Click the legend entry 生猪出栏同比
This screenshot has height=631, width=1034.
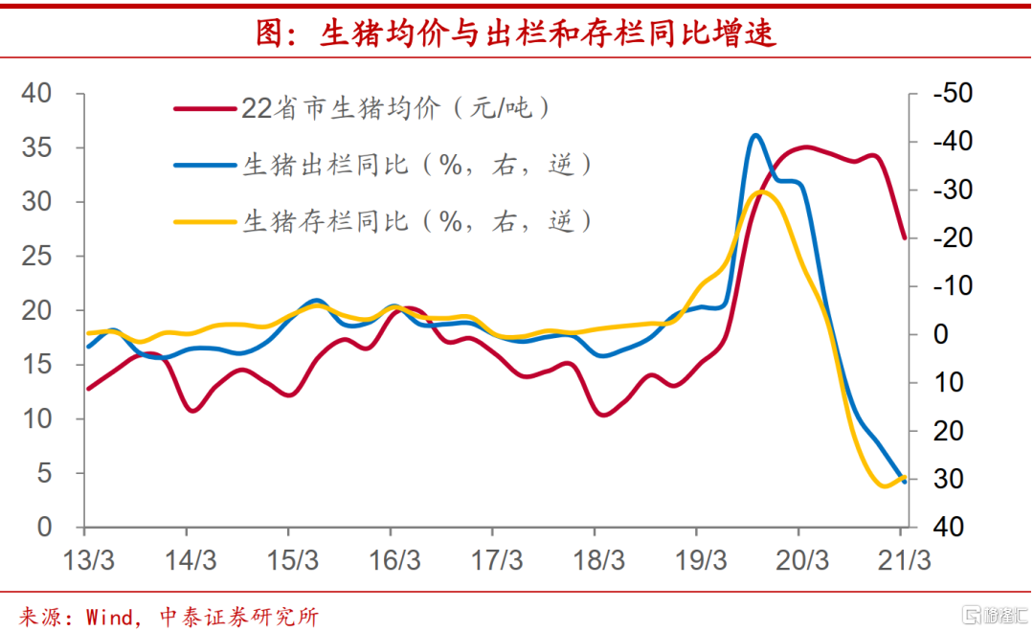(x=417, y=164)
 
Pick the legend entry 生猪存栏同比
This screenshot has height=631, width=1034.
(x=417, y=220)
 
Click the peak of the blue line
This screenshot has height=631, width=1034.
(x=755, y=135)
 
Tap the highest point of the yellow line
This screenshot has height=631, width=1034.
(x=762, y=192)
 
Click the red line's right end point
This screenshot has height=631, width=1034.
(x=904, y=237)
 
